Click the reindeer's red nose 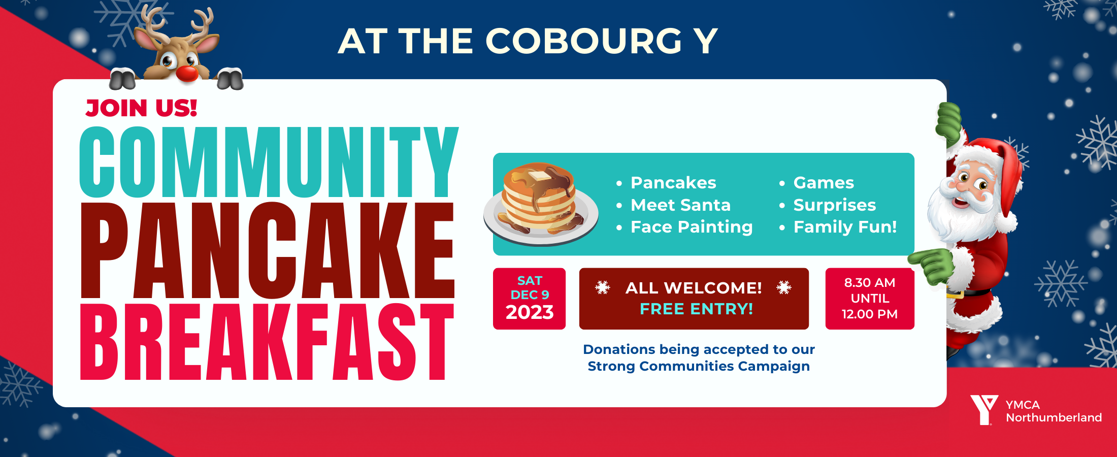tap(187, 73)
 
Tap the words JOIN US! tap(141, 108)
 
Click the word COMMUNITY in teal tap(268, 162)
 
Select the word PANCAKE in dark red tap(267, 250)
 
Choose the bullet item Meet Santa tap(680, 205)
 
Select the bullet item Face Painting tap(691, 227)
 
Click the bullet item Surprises tap(834, 205)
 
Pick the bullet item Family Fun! tap(845, 227)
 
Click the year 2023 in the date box tap(529, 312)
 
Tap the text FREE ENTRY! tap(696, 309)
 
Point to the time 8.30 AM tap(869, 283)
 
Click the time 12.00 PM tap(869, 314)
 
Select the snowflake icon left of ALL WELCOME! tap(603, 288)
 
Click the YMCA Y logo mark tap(983, 409)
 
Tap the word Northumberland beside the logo tap(1054, 418)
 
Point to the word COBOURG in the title tap(583, 41)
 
